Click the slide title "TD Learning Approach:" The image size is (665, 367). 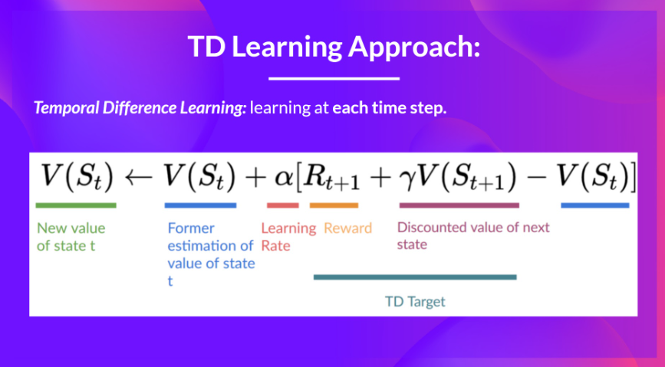[334, 47]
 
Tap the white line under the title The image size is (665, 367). [334, 78]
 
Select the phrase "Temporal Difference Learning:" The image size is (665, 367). [140, 107]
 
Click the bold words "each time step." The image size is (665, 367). [390, 107]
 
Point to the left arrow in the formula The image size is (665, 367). [139, 176]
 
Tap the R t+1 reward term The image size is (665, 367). [331, 177]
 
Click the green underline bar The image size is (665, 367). [76, 205]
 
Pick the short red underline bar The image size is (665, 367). [283, 205]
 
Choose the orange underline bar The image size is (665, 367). [334, 205]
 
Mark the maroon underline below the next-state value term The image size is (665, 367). [459, 205]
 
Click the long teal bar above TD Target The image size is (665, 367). [415, 277]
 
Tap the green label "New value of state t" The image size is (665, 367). [71, 237]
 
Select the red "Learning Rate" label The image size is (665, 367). [288, 237]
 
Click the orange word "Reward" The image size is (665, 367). [347, 228]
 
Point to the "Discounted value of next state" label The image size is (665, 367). [473, 236]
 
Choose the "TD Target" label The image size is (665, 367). [415, 301]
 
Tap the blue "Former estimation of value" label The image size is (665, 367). [211, 254]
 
